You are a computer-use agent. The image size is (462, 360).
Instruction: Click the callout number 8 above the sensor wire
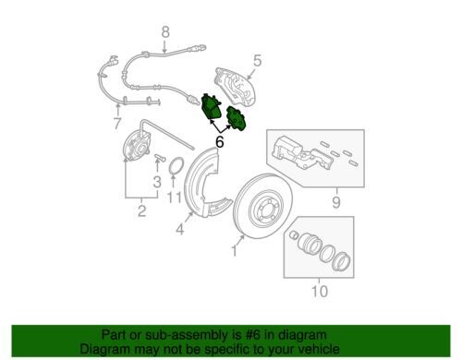pos(165,32)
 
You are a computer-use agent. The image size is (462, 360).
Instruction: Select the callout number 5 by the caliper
pos(258,61)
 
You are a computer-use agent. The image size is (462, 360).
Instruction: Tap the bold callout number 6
pos(219,142)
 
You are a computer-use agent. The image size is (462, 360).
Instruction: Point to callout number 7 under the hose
pos(117,124)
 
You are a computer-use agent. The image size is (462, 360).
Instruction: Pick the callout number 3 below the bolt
pos(157,182)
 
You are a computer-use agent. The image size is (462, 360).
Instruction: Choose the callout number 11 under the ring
pos(175,198)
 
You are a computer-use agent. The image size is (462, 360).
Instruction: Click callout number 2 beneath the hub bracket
pos(141,210)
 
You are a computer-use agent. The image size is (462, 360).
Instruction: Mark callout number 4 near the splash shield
pos(180,230)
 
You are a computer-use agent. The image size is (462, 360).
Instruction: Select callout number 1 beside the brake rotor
pos(234,251)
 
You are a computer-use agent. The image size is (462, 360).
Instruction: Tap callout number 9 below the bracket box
pos(336,202)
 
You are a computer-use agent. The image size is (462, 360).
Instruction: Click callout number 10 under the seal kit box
pos(320,291)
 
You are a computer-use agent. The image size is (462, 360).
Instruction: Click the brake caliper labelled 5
pos(236,87)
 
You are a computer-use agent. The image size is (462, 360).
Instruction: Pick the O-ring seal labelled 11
pos(176,165)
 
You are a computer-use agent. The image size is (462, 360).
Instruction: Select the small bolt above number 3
pos(160,158)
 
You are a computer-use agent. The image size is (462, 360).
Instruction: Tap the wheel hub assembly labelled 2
pos(137,145)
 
